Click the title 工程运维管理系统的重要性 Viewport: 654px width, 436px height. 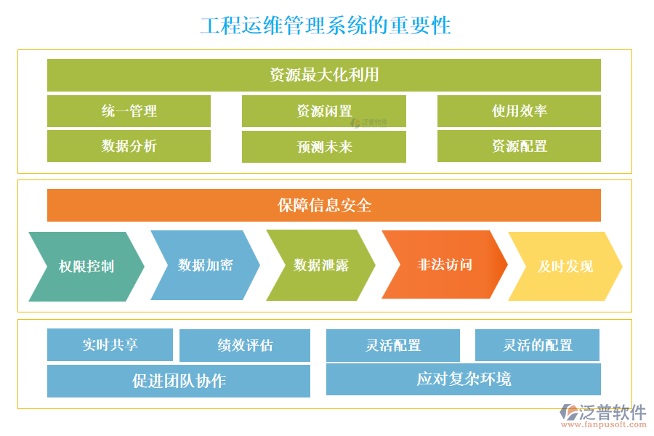click(326, 25)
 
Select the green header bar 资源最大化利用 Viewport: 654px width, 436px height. click(324, 75)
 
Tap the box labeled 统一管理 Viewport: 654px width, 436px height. click(129, 111)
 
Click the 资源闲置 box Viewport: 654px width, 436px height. click(324, 111)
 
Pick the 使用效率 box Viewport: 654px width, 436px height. click(519, 111)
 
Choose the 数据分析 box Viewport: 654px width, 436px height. click(129, 146)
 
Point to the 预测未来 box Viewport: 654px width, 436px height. click(324, 147)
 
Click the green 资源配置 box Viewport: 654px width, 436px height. click(519, 146)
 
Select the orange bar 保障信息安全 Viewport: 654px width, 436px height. click(324, 206)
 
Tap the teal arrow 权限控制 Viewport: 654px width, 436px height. click(86, 267)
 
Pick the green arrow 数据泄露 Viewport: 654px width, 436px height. click(320, 265)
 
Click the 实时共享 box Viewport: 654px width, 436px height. click(110, 345)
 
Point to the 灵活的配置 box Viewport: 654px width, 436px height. click(537, 345)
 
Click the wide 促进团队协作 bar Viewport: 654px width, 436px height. click(179, 381)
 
